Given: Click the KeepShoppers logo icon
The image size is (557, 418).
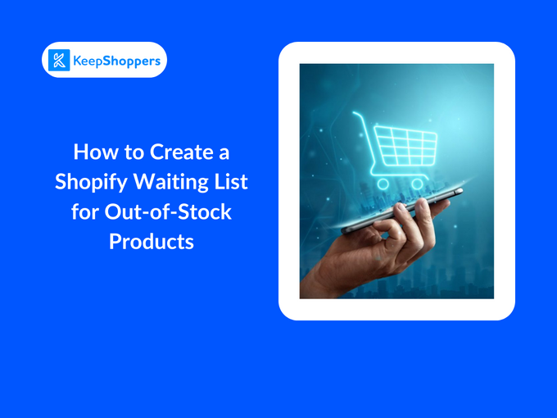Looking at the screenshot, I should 59,60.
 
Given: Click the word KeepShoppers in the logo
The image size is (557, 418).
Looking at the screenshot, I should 115,60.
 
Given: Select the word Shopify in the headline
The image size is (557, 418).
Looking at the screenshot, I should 89,181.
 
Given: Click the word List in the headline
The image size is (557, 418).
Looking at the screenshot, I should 230,181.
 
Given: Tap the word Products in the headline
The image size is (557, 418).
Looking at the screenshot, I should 152,242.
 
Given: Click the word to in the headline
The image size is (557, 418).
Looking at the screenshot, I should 129,152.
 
